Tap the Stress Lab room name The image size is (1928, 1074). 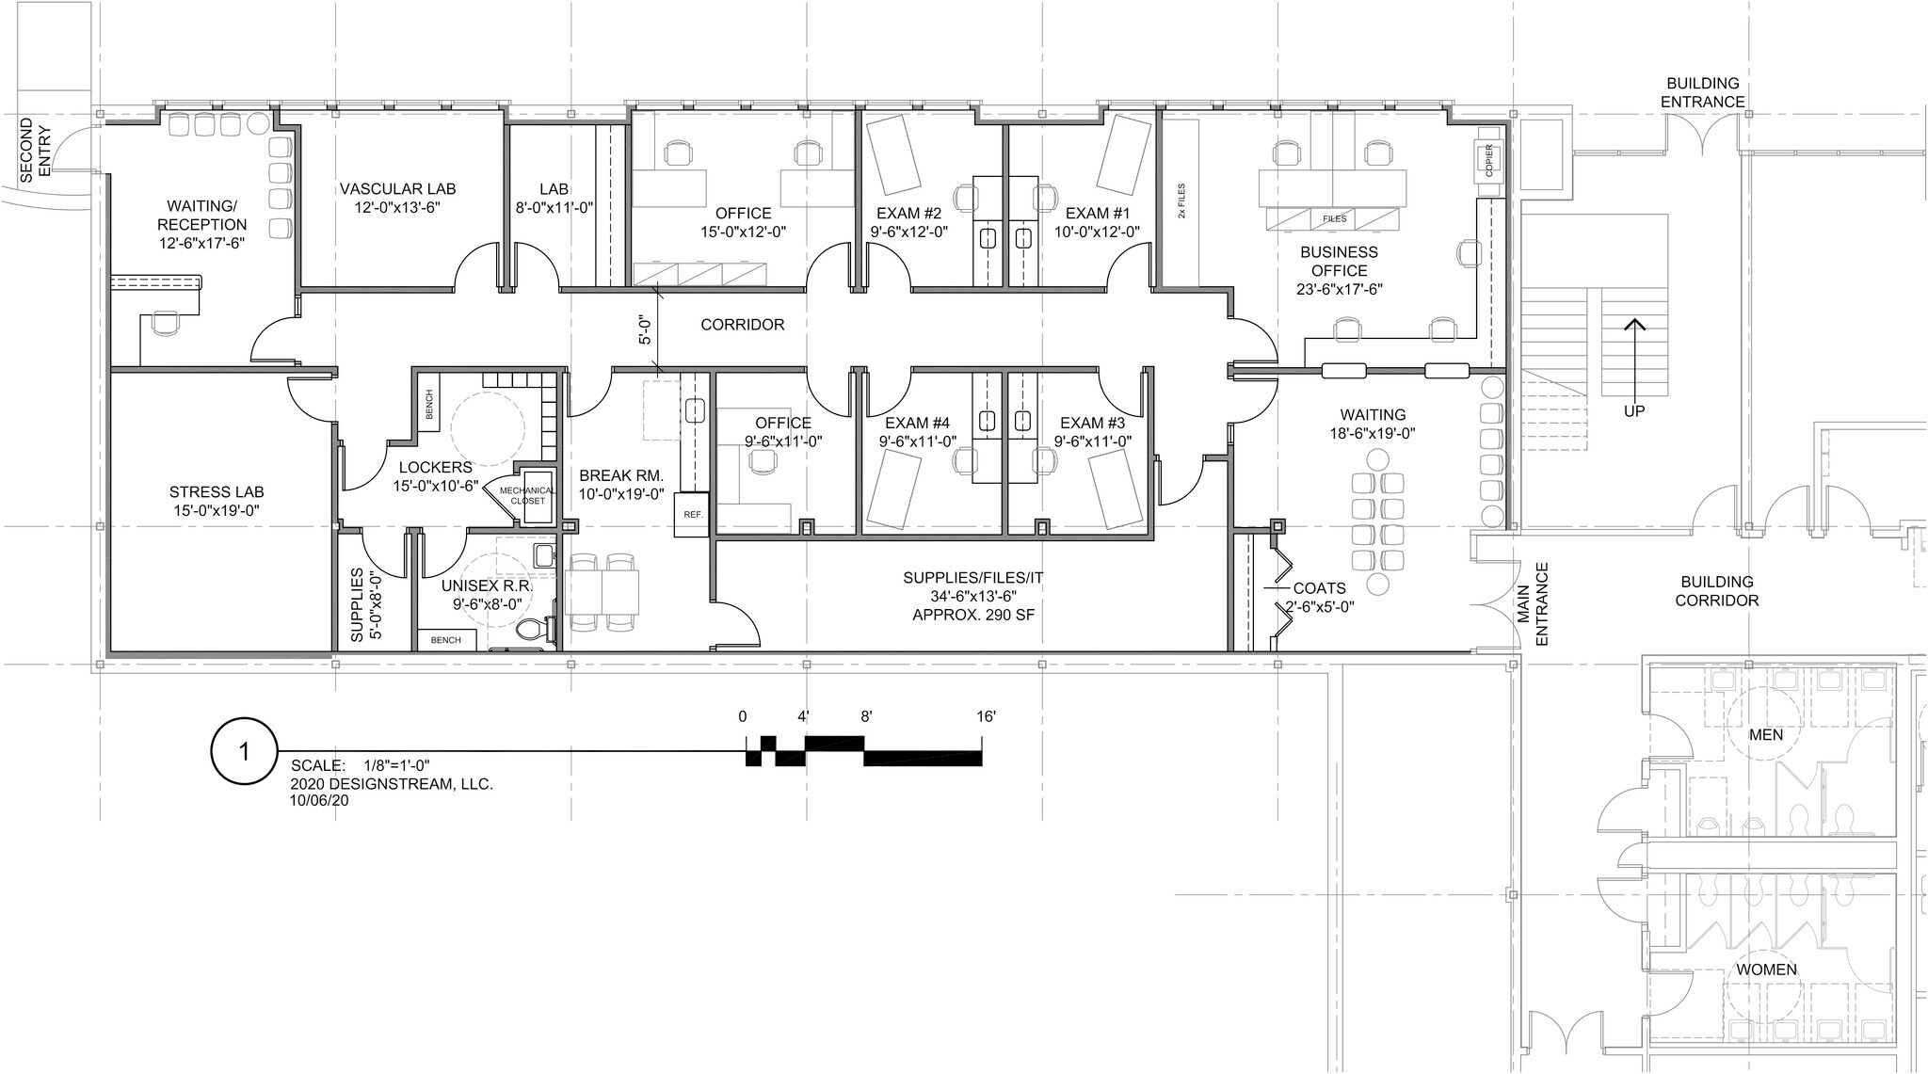pos(217,491)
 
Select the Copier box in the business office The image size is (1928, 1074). pos(1488,161)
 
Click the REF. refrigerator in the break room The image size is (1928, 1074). pos(692,515)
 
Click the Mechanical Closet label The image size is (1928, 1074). pos(527,495)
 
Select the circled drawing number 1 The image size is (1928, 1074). pos(245,751)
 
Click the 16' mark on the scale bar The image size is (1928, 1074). pos(986,716)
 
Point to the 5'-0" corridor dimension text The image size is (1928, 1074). pos(645,329)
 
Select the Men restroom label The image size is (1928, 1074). pos(1765,734)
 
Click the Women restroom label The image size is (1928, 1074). pos(1766,970)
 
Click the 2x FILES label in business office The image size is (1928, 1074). pos(1181,201)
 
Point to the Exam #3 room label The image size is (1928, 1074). pos(1092,423)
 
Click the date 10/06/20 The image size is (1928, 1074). pos(320,799)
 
